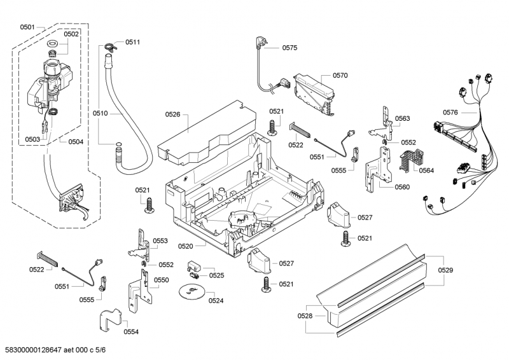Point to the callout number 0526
(x=173, y=114)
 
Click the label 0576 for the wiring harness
(x=450, y=113)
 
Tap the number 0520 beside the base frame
(x=185, y=246)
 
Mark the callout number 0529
(x=445, y=270)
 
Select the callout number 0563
(x=402, y=118)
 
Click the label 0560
(x=402, y=187)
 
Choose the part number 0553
(x=160, y=241)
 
